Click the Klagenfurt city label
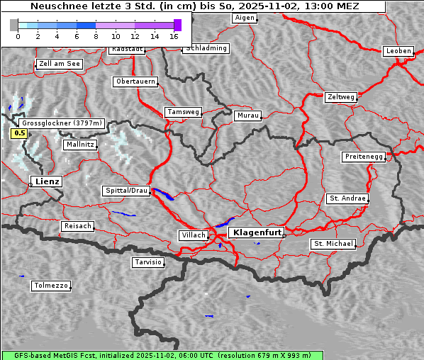point(257,232)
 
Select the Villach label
point(193,235)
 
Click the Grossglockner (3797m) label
point(62,123)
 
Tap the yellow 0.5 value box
point(20,133)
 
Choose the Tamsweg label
point(184,112)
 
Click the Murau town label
point(248,115)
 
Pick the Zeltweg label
point(340,96)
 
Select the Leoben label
point(398,51)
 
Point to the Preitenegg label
point(364,156)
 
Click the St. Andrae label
point(347,198)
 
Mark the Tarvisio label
point(148,262)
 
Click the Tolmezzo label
point(51,286)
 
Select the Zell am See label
point(59,64)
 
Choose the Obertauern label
point(135,81)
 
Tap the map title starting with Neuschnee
point(195,6)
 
